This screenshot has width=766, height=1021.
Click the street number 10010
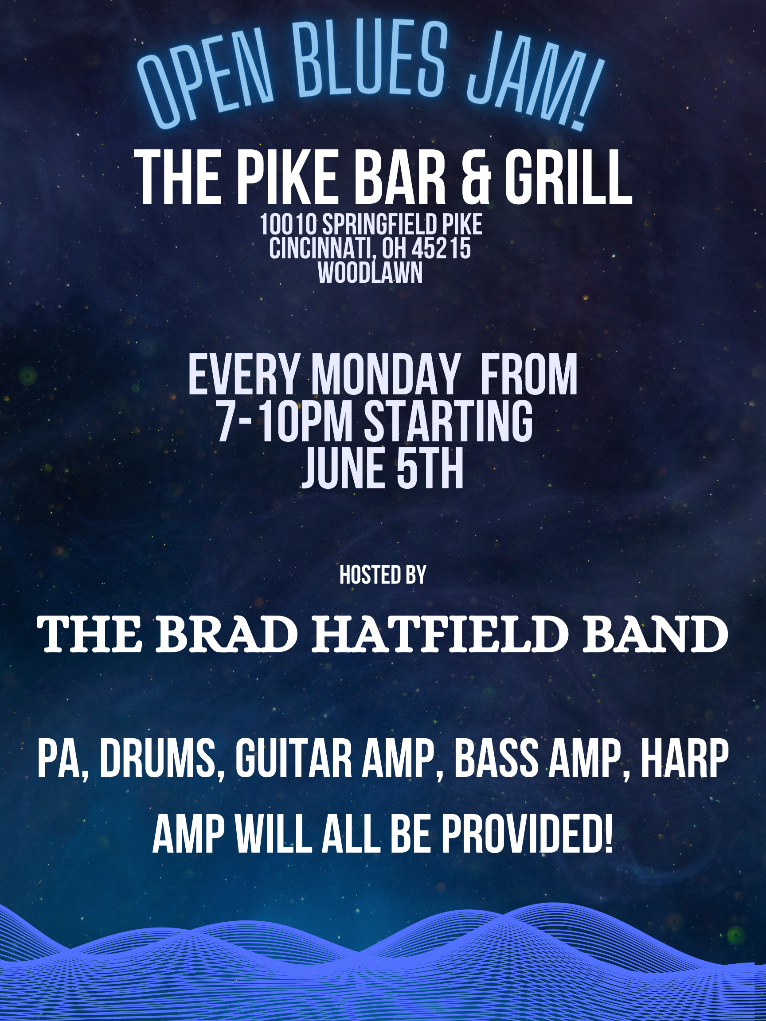[288, 225]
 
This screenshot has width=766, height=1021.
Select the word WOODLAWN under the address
[370, 273]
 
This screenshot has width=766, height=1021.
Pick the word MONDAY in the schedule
[385, 374]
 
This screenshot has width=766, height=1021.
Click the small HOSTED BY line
[383, 575]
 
